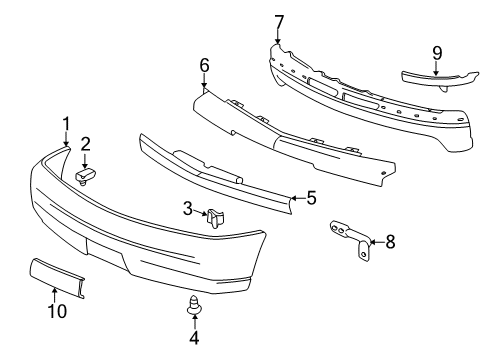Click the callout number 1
pos(66,124)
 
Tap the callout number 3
pos(186,208)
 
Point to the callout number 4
pos(194,338)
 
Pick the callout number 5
pos(311,198)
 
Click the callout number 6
pos(204,65)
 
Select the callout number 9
pos(436,53)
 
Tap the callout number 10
pos(58,311)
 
